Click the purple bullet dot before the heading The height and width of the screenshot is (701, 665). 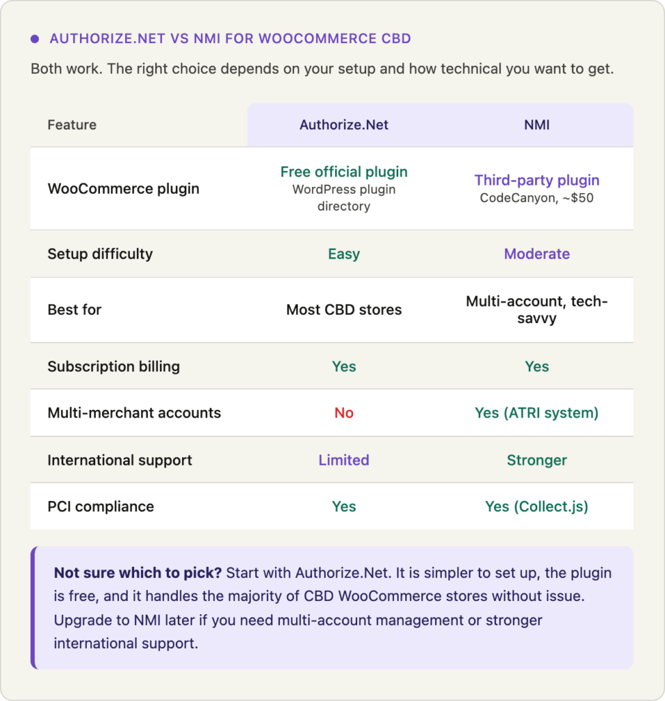[x=35, y=39]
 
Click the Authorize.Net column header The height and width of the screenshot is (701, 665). [x=343, y=125]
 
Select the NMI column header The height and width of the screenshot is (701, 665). [x=536, y=125]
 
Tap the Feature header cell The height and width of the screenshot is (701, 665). [x=72, y=125]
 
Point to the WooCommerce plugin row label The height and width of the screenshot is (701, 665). [x=123, y=188]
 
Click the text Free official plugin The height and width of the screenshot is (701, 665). [x=343, y=172]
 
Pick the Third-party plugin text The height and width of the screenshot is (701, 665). [x=536, y=180]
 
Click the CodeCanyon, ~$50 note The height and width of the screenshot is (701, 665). [x=536, y=198]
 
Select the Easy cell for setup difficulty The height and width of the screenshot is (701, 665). [x=343, y=254]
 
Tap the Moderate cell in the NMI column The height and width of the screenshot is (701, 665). [x=536, y=254]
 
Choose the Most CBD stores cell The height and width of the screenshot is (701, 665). [x=343, y=309]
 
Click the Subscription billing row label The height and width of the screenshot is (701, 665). [x=114, y=366]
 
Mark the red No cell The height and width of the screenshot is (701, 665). [x=343, y=413]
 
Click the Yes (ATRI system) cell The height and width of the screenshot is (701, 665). [x=536, y=413]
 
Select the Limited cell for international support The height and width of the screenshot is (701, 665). [x=343, y=460]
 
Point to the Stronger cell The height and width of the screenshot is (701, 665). [x=536, y=460]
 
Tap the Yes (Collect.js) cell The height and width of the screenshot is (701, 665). [x=536, y=507]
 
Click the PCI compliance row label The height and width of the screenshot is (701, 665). [x=101, y=507]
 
